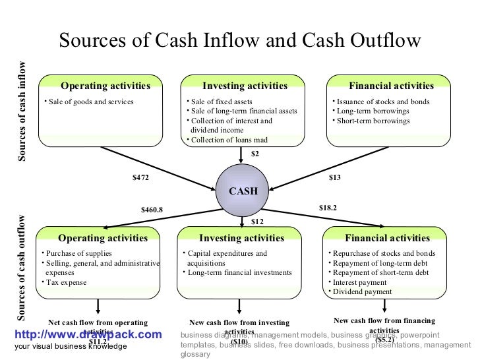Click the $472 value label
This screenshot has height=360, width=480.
(141, 177)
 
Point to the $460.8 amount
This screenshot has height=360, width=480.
(152, 210)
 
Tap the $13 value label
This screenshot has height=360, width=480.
(334, 177)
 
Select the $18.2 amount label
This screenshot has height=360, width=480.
(328, 207)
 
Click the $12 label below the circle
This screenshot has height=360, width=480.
(257, 222)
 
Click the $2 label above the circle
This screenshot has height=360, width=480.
(255, 154)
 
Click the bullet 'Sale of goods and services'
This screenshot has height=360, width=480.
(90, 102)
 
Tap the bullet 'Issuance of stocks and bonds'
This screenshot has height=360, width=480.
(382, 102)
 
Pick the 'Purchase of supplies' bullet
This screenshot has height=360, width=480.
(78, 253)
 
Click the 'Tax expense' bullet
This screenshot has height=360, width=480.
(66, 282)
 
